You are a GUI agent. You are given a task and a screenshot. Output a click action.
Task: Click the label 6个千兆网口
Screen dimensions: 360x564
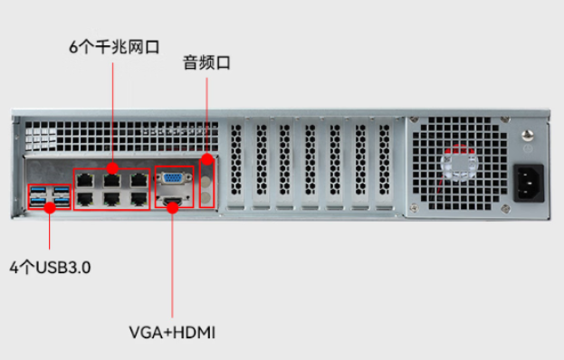click(111, 46)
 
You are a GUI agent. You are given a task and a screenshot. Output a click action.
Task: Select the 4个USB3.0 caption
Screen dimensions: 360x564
click(51, 268)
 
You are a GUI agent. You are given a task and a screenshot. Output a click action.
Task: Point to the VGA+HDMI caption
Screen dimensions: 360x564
click(172, 333)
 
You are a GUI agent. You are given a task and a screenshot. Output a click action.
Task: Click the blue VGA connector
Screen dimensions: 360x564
click(174, 179)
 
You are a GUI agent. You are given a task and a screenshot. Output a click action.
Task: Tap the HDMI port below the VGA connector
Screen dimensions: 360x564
click(172, 198)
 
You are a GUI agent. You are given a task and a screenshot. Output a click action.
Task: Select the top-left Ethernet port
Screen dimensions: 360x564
click(86, 180)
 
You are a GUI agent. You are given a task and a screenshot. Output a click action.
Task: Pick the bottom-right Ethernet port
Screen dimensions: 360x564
click(137, 199)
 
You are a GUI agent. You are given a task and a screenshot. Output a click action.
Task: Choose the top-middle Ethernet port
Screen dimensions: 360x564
click(111, 180)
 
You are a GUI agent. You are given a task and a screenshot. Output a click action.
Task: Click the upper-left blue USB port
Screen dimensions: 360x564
click(40, 191)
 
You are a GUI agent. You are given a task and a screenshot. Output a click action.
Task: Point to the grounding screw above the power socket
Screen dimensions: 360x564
click(528, 137)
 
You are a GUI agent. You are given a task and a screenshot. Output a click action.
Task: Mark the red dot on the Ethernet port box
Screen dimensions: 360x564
click(111, 167)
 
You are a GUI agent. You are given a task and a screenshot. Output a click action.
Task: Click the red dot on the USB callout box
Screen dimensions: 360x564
click(50, 207)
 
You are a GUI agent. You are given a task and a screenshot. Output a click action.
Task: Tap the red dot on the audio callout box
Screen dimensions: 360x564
click(207, 160)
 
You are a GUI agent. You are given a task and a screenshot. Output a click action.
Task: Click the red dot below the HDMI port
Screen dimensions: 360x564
click(172, 207)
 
